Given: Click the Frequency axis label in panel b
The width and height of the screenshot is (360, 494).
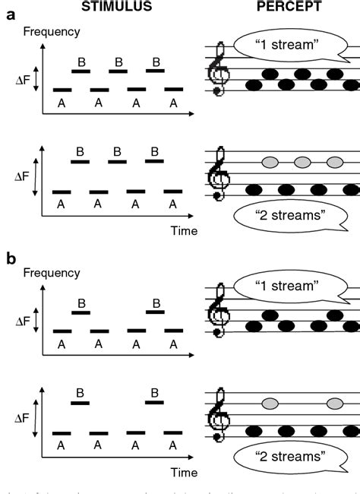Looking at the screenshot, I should [x=52, y=272].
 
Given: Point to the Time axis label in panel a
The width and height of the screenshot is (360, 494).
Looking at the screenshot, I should [x=185, y=230].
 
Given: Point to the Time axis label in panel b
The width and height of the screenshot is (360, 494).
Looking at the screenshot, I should [x=185, y=472].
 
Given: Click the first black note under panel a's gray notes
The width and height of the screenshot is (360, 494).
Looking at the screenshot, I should [x=253, y=188].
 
